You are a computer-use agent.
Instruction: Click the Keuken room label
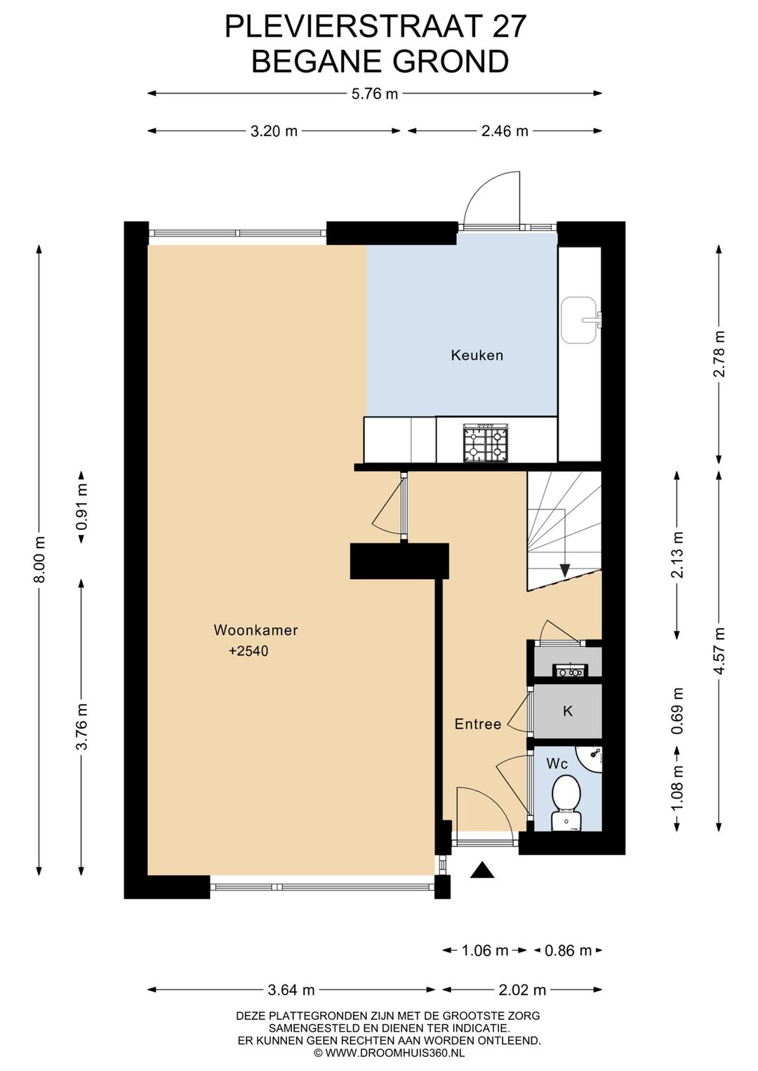coord(477,355)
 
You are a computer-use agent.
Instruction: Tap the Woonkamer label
coord(255,630)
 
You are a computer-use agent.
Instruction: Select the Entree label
coord(478,724)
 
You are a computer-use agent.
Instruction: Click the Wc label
coord(557,764)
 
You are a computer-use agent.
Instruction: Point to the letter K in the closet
coord(568,711)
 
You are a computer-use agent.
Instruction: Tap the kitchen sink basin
coord(578,320)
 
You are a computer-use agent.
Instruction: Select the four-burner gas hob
coord(485,444)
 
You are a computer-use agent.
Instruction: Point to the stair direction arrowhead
coord(565,571)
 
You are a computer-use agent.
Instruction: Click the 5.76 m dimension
coord(375,94)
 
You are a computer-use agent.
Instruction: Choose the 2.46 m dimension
coord(505,131)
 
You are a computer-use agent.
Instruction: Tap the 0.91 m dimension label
coord(82,507)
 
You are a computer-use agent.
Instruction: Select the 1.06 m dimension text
coord(484,950)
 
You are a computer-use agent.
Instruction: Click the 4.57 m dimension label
coord(719,651)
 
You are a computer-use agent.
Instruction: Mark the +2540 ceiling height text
coord(248,651)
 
